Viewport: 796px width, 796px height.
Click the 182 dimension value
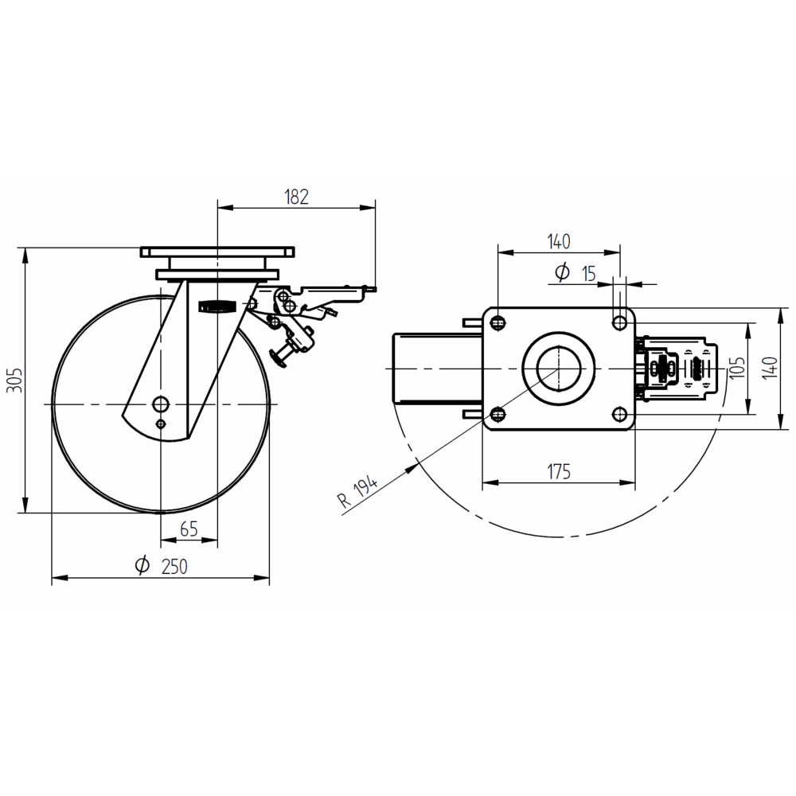[x=296, y=197]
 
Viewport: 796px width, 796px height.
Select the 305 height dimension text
[x=14, y=381]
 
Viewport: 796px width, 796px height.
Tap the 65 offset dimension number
[x=189, y=529]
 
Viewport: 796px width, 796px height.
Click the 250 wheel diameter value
[x=174, y=567]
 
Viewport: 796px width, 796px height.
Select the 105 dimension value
[x=736, y=369]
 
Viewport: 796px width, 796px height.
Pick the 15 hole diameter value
[x=588, y=274]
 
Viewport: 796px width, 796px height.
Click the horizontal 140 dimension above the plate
[x=559, y=240]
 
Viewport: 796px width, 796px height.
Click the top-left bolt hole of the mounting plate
[x=499, y=323]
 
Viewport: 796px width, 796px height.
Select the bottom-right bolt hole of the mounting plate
[x=618, y=414]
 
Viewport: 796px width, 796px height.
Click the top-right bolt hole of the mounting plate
[x=618, y=322]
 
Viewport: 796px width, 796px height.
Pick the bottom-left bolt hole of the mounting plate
[x=499, y=414]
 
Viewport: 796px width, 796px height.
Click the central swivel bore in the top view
[x=559, y=369]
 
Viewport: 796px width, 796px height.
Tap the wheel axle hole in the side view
[x=162, y=403]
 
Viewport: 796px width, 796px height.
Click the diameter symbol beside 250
[x=142, y=566]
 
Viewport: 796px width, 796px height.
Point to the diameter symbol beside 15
[x=562, y=273]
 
